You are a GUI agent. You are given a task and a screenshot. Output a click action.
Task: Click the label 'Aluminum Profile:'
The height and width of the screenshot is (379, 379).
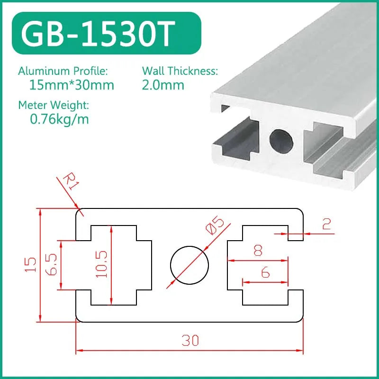[x=63, y=72]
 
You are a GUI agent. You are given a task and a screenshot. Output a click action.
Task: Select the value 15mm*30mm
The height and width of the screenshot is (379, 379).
[x=72, y=85]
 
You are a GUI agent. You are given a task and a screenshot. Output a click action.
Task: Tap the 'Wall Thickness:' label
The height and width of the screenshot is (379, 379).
[x=180, y=72]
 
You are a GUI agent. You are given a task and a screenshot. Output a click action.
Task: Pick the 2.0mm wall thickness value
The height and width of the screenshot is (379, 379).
[x=163, y=85]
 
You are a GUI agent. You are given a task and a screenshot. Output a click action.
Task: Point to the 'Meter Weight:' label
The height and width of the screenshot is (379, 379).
[x=53, y=105]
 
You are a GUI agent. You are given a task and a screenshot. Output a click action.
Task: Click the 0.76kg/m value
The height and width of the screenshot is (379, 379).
[x=59, y=119]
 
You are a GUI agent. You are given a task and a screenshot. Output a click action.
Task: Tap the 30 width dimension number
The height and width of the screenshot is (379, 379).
[x=189, y=340]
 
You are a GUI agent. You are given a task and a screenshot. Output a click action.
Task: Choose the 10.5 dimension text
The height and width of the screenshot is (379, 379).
[x=101, y=264]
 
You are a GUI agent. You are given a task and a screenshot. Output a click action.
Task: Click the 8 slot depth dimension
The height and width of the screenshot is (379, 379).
[x=258, y=251]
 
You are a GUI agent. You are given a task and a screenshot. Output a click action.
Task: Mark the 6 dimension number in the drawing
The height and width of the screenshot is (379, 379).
[x=265, y=272]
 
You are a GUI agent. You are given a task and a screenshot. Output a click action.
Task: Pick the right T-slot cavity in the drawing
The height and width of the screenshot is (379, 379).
[x=258, y=265]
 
